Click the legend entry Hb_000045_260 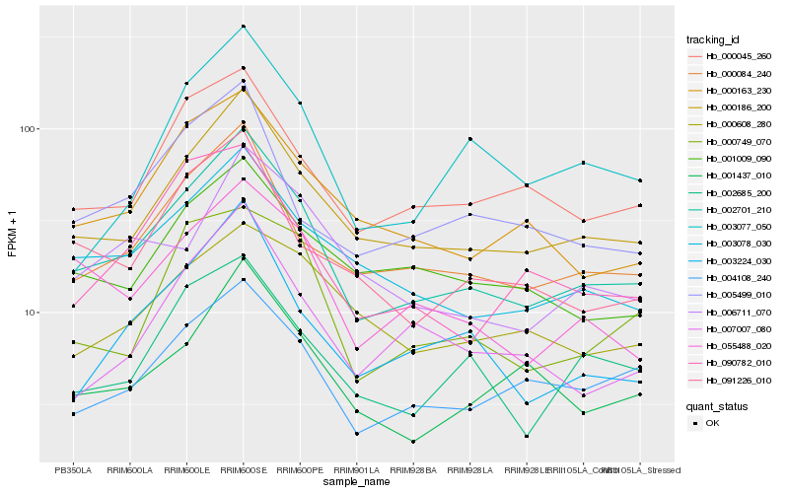click(738, 56)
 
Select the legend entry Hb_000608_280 click(738, 124)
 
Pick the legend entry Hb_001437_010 click(738, 176)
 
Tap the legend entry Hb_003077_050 click(738, 227)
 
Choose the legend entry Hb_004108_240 click(738, 277)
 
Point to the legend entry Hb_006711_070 click(738, 312)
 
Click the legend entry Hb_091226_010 click(738, 380)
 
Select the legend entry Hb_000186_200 click(738, 107)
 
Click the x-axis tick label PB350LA click(72, 469)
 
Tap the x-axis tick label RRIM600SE click(243, 469)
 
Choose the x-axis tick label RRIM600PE click(300, 469)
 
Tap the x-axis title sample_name click(356, 482)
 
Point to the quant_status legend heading click(718, 405)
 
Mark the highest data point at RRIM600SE click(244, 27)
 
